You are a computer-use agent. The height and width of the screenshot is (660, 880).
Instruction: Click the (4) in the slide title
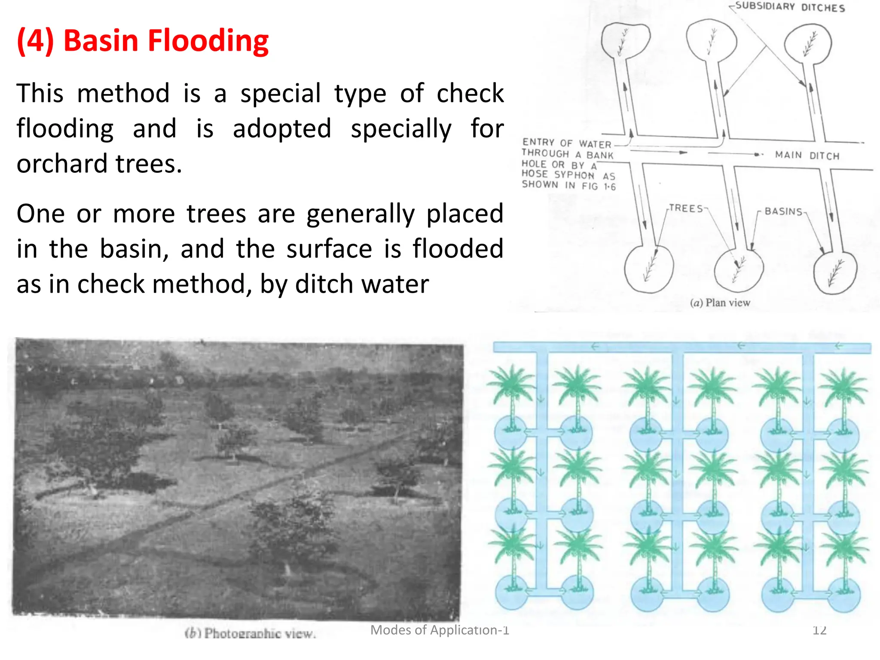[x=35, y=41]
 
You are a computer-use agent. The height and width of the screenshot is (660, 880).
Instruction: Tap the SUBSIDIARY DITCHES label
[x=790, y=7]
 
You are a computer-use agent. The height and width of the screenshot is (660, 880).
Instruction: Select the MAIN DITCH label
[x=807, y=155]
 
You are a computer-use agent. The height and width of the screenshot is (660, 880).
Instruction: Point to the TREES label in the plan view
[x=686, y=208]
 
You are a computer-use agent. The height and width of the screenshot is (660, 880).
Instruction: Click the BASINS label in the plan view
[x=783, y=211]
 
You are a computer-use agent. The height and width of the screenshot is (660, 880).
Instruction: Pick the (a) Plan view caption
[x=720, y=303]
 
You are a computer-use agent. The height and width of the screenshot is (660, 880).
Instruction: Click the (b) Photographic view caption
[x=251, y=633]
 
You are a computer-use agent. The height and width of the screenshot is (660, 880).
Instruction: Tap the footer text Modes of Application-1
[x=440, y=630]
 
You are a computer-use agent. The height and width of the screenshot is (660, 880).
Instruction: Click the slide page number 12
[x=819, y=630]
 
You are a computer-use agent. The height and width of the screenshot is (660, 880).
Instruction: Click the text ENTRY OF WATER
[x=566, y=143]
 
